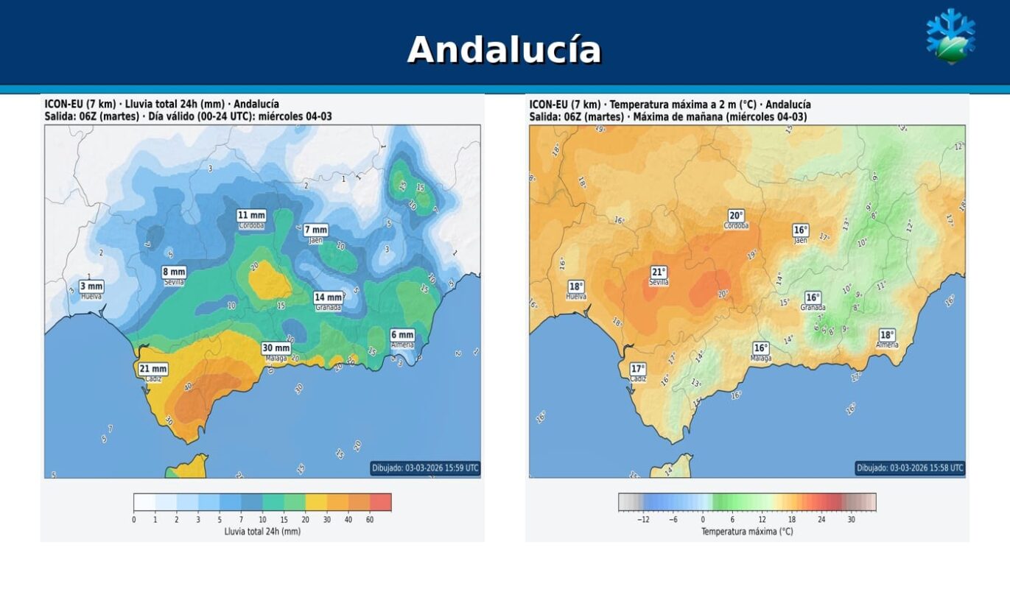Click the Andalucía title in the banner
click(x=504, y=50)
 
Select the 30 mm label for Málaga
click(x=276, y=348)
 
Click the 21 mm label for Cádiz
click(x=153, y=369)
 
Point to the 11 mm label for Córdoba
click(x=251, y=216)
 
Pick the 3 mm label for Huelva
click(x=91, y=286)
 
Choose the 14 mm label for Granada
click(x=328, y=297)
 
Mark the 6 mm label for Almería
click(x=402, y=335)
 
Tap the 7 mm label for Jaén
click(x=316, y=230)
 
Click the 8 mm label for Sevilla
click(x=174, y=272)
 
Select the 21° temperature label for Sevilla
click(x=659, y=272)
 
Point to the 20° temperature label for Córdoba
click(x=736, y=216)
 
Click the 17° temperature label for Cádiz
click(x=638, y=369)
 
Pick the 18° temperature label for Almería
click(x=887, y=335)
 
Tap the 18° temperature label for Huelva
click(x=576, y=286)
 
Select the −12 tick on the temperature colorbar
click(x=642, y=520)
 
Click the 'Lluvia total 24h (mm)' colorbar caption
click(x=262, y=531)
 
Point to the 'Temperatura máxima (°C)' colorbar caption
click(x=747, y=531)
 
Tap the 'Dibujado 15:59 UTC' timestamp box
click(x=425, y=468)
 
